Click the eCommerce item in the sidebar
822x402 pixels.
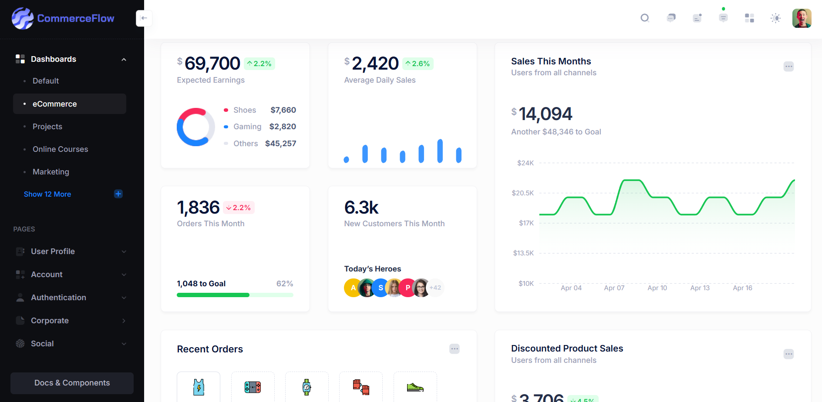click(x=55, y=104)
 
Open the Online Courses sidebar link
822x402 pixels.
click(x=60, y=149)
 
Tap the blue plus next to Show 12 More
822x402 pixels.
click(x=118, y=194)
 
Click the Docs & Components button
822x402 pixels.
click(x=72, y=383)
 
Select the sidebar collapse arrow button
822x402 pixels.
click(x=144, y=18)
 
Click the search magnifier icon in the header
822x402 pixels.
click(x=645, y=18)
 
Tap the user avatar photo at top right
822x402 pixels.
click(x=802, y=18)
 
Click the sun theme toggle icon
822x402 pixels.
click(x=775, y=18)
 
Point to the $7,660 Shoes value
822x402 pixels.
click(x=283, y=110)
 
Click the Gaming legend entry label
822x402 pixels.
click(x=247, y=127)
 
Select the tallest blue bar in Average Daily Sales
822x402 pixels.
click(x=440, y=151)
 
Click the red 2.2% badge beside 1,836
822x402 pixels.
click(x=239, y=208)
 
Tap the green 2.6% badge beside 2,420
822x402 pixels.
click(x=418, y=64)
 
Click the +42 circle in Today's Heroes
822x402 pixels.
click(x=435, y=288)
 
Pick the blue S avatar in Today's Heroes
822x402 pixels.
click(x=381, y=288)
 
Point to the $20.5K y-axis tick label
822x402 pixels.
click(x=522, y=193)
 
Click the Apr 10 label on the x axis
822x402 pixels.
click(x=657, y=288)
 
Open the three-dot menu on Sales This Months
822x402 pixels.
click(x=788, y=67)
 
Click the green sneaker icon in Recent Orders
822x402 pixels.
click(x=415, y=387)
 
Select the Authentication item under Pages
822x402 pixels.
click(x=58, y=298)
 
